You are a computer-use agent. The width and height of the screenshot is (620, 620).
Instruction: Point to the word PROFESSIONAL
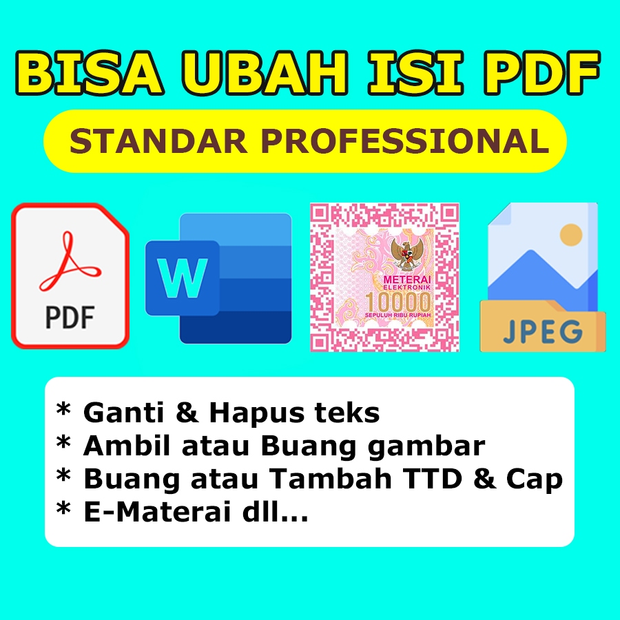(x=406, y=141)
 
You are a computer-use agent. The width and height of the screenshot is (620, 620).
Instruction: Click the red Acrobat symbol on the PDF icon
(x=70, y=262)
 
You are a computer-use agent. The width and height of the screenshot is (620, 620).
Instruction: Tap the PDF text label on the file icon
(x=70, y=318)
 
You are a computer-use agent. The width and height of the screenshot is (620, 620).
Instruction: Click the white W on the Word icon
(x=182, y=278)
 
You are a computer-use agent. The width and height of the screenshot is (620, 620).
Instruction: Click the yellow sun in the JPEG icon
(x=571, y=235)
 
